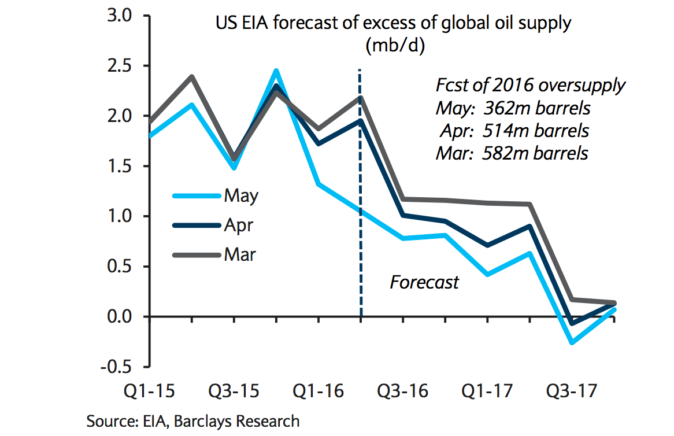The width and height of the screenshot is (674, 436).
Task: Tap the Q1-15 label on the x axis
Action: tap(151, 391)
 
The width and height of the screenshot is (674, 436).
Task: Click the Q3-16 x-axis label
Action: tap(403, 391)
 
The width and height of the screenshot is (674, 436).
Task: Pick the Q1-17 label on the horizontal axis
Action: tap(487, 391)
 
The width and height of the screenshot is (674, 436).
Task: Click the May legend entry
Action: tap(240, 195)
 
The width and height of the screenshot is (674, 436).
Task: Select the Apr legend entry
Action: tap(238, 224)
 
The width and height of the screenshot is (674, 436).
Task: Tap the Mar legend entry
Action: tap(239, 254)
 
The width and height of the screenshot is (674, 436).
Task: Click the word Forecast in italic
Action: tap(424, 282)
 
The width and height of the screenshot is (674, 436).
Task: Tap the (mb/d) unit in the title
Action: tap(395, 46)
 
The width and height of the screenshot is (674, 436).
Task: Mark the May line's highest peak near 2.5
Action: tap(276, 71)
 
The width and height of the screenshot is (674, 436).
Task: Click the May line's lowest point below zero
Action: tap(572, 343)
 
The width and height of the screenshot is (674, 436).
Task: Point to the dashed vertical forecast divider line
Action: tap(360, 231)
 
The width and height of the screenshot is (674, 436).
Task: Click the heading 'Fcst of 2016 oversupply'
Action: tap(530, 86)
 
